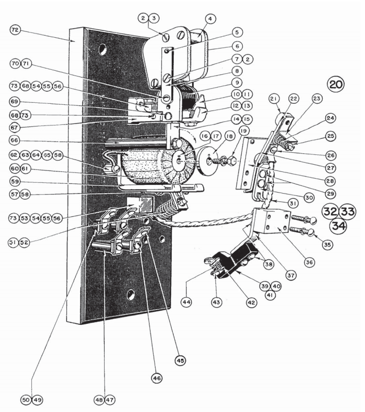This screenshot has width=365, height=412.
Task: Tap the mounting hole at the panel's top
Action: click(105, 50)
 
